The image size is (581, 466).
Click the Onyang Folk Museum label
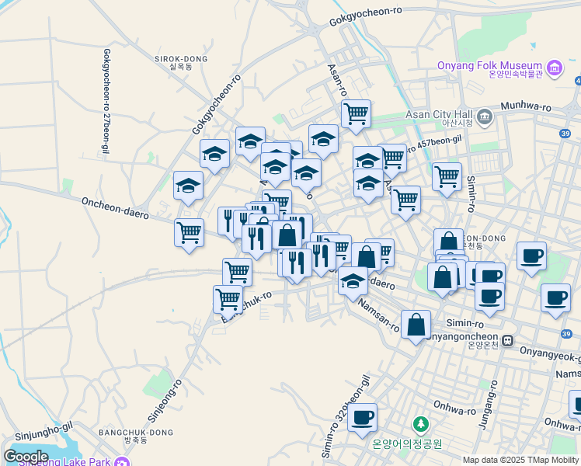[489, 67]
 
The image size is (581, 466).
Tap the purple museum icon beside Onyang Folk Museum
[555, 68]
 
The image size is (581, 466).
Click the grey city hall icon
[485, 117]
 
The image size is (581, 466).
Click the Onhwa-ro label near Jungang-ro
[455, 410]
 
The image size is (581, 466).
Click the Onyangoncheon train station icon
[506, 340]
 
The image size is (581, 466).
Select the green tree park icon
[420, 424]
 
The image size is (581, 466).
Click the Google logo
[26, 456]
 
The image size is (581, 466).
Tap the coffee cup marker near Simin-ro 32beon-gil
[361, 418]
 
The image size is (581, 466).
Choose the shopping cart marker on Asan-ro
[356, 113]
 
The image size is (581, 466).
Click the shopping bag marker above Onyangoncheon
[416, 325]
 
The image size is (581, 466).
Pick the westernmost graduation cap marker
[188, 186]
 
